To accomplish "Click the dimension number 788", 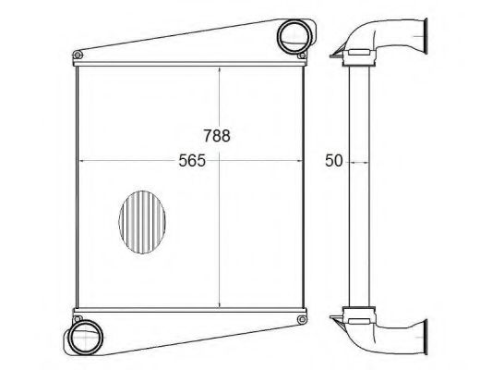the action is tap(217, 135).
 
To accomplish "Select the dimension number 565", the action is tap(192, 160).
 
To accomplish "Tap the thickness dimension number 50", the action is tap(333, 161).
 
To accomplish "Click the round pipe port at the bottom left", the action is tap(85, 338).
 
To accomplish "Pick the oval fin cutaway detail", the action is tap(142, 222).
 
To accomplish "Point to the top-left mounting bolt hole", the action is tap(78, 55).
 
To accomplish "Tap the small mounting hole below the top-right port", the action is tap(302, 55).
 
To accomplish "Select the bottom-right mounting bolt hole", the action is tap(302, 319).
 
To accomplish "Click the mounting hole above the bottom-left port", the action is tap(78, 319).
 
